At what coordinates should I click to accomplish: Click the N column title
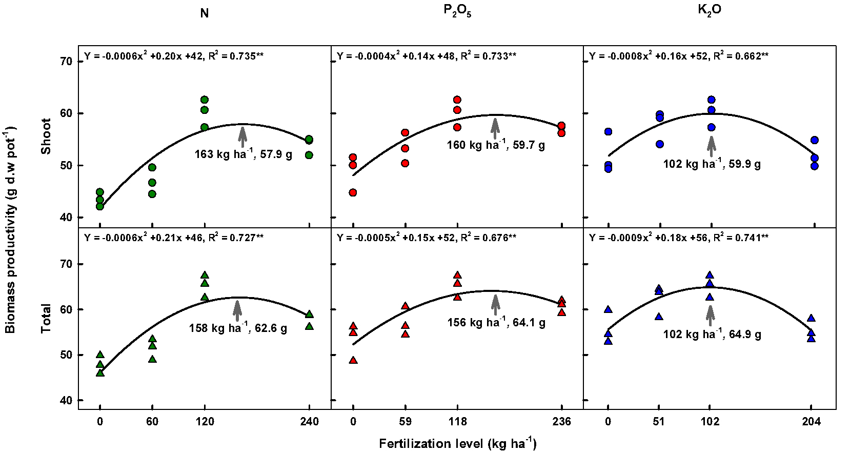204,13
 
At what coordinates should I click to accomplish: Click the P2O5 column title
457,12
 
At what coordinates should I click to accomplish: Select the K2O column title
710,11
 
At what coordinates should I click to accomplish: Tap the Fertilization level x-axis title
457,443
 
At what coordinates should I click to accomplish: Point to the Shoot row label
47,136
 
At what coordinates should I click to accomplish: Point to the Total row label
47,319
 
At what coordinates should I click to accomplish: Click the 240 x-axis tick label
309,422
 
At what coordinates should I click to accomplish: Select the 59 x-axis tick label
405,422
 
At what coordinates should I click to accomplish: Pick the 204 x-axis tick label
811,422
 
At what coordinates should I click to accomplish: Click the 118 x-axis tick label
457,422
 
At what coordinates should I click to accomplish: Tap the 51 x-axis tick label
659,422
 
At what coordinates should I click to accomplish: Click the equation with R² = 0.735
174,56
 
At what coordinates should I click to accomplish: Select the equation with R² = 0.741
679,238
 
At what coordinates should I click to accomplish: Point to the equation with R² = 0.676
427,238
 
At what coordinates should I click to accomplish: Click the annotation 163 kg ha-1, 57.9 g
243,154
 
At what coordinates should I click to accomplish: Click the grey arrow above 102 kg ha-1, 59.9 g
711,146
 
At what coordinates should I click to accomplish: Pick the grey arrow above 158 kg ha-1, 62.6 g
237,310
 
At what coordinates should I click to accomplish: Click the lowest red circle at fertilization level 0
353,192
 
